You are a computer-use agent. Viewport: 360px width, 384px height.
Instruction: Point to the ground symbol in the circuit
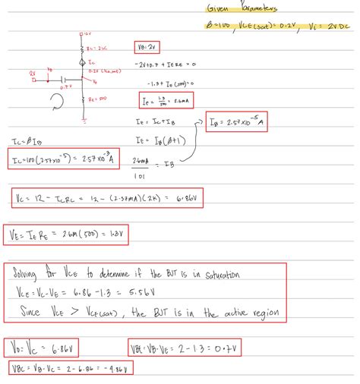coord(84,118)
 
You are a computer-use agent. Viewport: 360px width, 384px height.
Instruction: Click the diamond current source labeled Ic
coord(84,61)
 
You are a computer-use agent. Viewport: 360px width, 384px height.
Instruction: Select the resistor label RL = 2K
coord(97,47)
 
